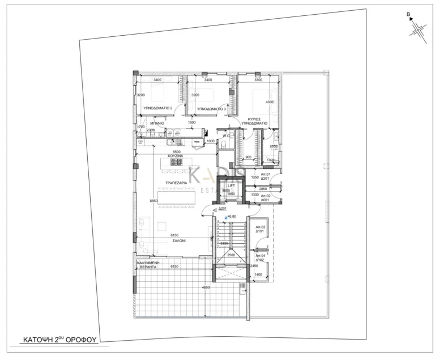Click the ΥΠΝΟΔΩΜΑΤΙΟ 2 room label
coord(158,107)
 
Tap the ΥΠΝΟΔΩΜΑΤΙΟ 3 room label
coord(211,107)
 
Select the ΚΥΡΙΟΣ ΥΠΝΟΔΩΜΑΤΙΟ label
coord(254,120)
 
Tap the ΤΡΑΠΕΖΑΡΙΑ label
coord(176,184)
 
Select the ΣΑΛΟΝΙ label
coord(181,240)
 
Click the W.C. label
coord(225,136)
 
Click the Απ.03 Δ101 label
coord(261,229)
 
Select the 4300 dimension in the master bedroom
coord(270,102)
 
